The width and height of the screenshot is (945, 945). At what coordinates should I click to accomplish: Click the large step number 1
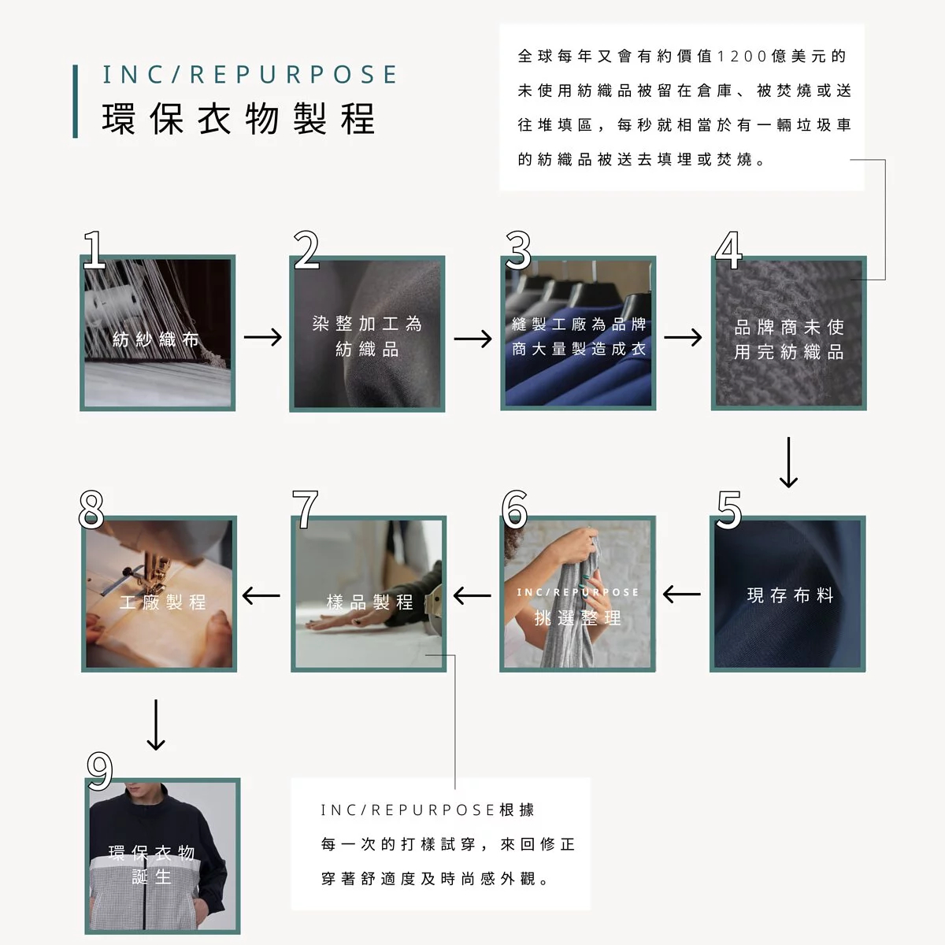click(94, 250)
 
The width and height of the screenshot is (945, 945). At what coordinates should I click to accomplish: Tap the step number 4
click(728, 250)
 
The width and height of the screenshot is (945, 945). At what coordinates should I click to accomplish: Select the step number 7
click(305, 509)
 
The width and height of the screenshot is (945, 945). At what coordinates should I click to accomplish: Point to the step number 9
click(99, 771)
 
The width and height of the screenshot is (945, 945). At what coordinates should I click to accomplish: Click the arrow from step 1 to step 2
click(263, 337)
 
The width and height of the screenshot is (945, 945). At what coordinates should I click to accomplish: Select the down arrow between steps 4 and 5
click(788, 462)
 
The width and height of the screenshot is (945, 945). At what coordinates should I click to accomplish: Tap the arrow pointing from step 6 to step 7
click(472, 596)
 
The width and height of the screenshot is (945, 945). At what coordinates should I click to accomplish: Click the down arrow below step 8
click(156, 724)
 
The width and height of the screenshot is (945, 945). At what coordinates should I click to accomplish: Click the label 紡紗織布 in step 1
click(155, 339)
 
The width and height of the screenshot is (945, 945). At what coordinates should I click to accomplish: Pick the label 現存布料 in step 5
click(790, 595)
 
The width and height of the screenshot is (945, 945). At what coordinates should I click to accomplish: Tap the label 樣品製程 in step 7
click(370, 602)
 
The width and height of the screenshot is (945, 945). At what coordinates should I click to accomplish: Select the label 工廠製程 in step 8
click(162, 602)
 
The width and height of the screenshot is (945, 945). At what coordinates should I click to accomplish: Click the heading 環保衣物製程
click(239, 119)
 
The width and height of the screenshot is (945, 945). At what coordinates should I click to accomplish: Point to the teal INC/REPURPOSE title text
click(250, 75)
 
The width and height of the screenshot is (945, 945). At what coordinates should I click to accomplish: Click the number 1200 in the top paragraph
click(742, 57)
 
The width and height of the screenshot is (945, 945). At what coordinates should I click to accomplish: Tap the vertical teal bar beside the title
click(75, 101)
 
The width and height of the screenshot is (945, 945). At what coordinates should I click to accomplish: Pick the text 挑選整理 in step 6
click(578, 618)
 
